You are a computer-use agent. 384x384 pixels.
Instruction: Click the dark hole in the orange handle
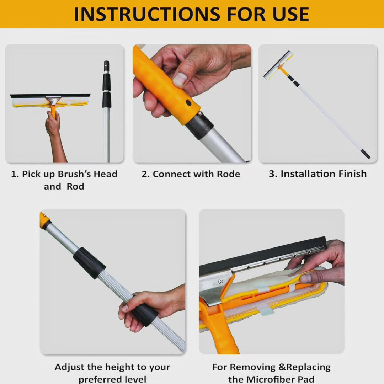click(188, 103)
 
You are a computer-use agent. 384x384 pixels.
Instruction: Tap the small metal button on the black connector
click(200, 113)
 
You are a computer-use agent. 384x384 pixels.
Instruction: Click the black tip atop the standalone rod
click(106, 66)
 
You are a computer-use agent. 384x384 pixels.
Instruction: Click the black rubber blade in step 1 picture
click(50, 95)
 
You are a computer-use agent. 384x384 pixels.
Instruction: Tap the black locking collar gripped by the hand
click(145, 314)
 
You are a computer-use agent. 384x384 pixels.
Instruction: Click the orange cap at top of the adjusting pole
click(44, 220)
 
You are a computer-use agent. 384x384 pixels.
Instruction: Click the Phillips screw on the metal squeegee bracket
click(222, 282)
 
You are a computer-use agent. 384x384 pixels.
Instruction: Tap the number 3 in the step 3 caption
click(272, 174)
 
